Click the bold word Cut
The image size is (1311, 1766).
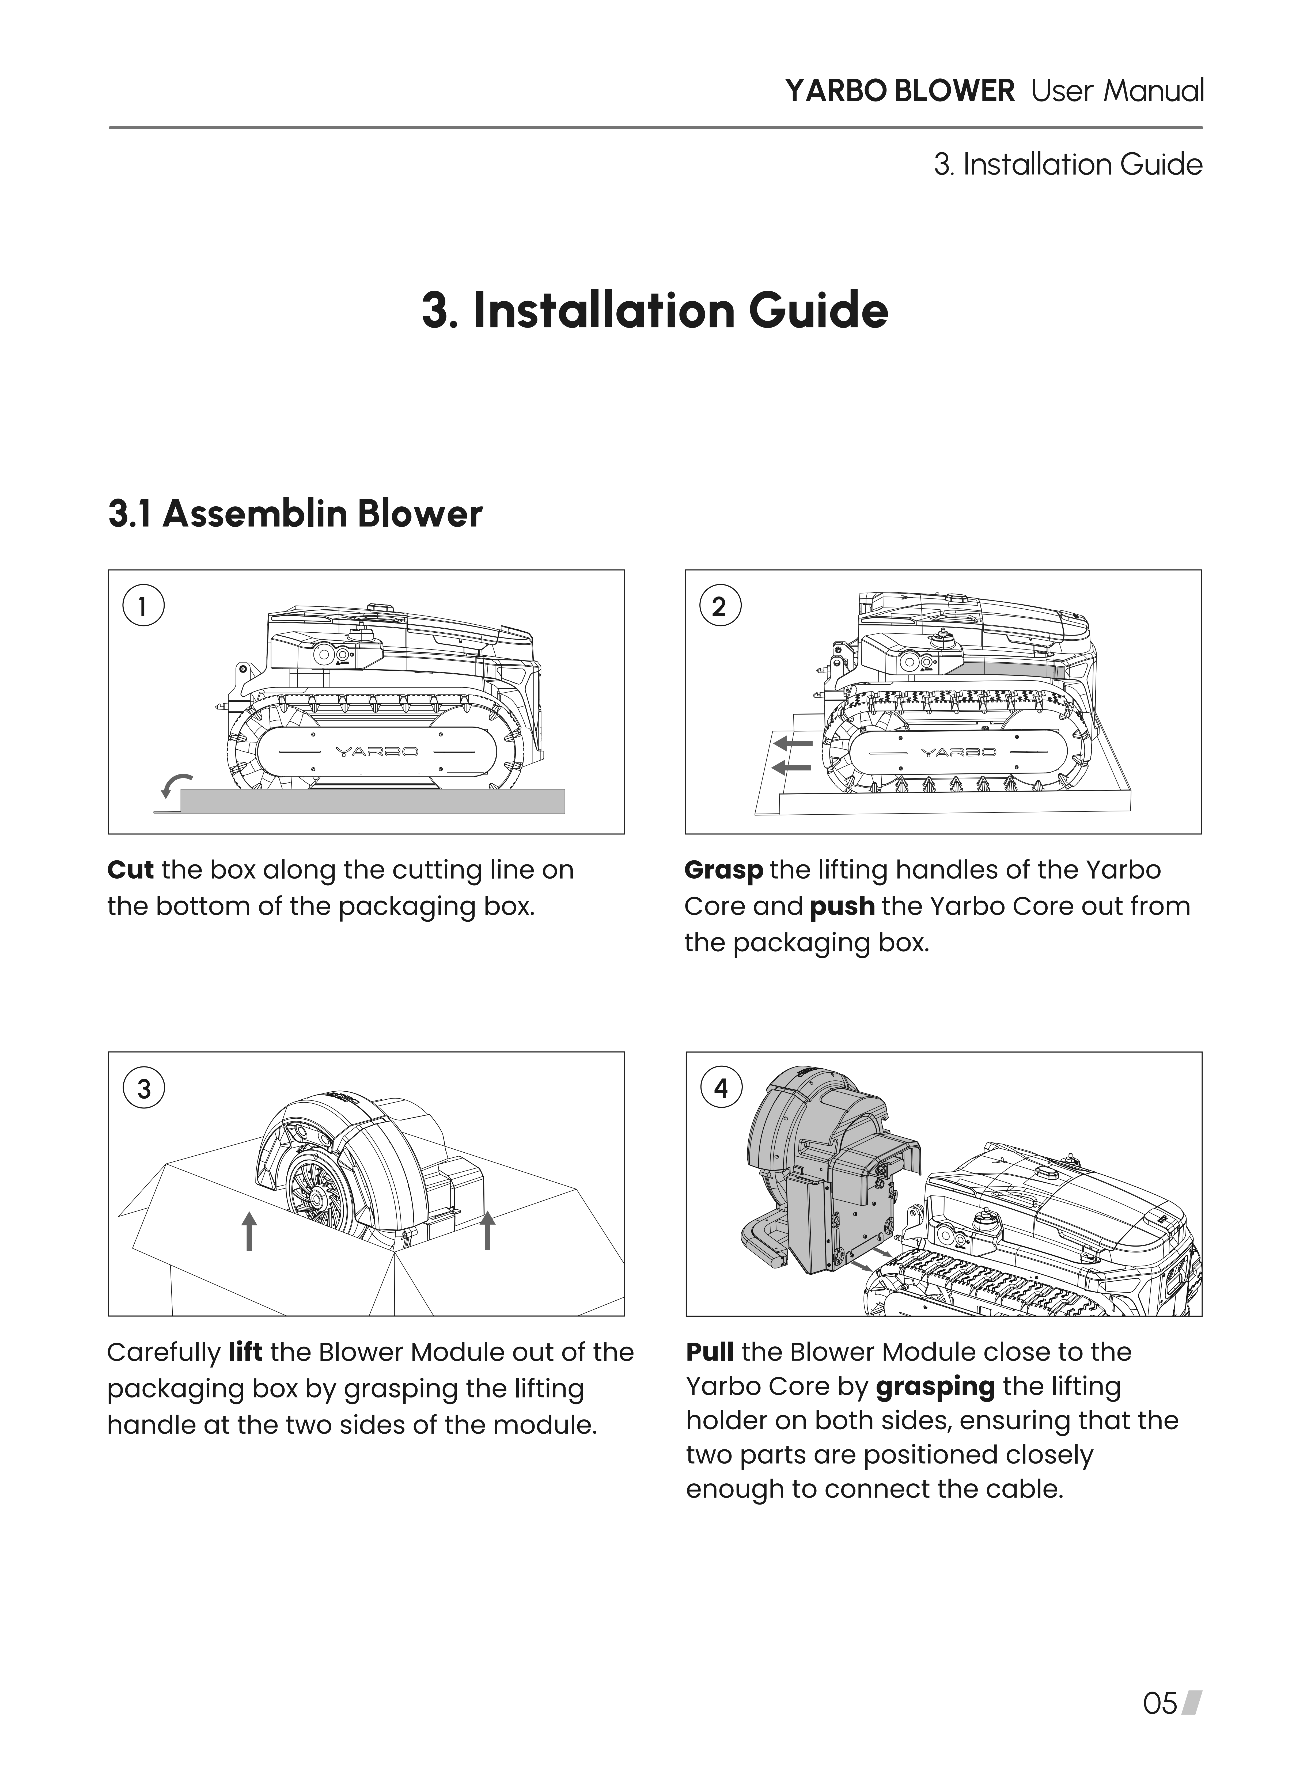[130, 870]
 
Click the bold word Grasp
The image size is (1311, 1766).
[723, 870]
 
